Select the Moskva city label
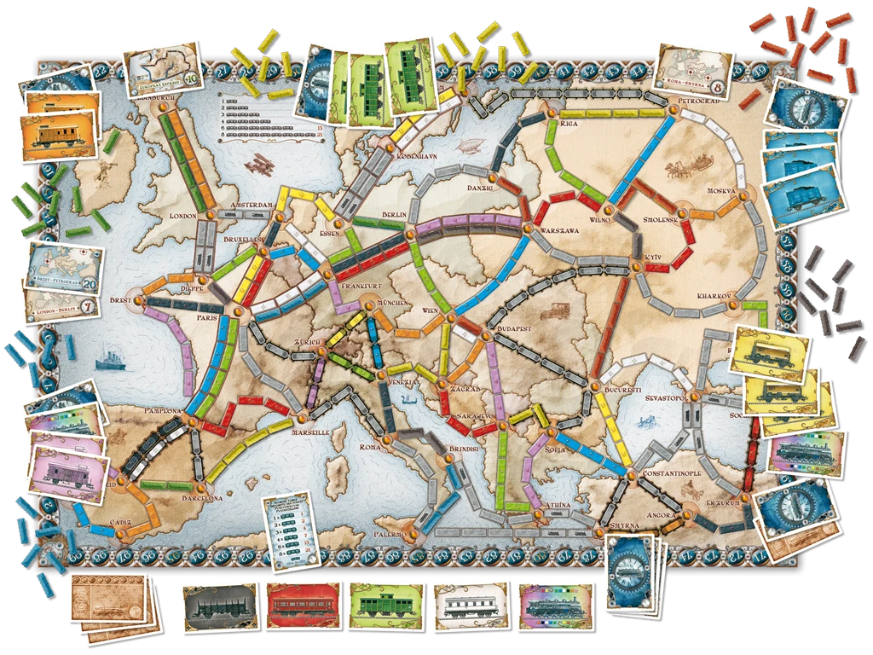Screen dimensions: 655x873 tap(721, 190)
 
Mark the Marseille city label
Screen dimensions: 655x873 tap(309, 432)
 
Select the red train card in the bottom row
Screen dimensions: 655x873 tap(303, 607)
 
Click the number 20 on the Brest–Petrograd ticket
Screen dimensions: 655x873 tap(90, 284)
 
